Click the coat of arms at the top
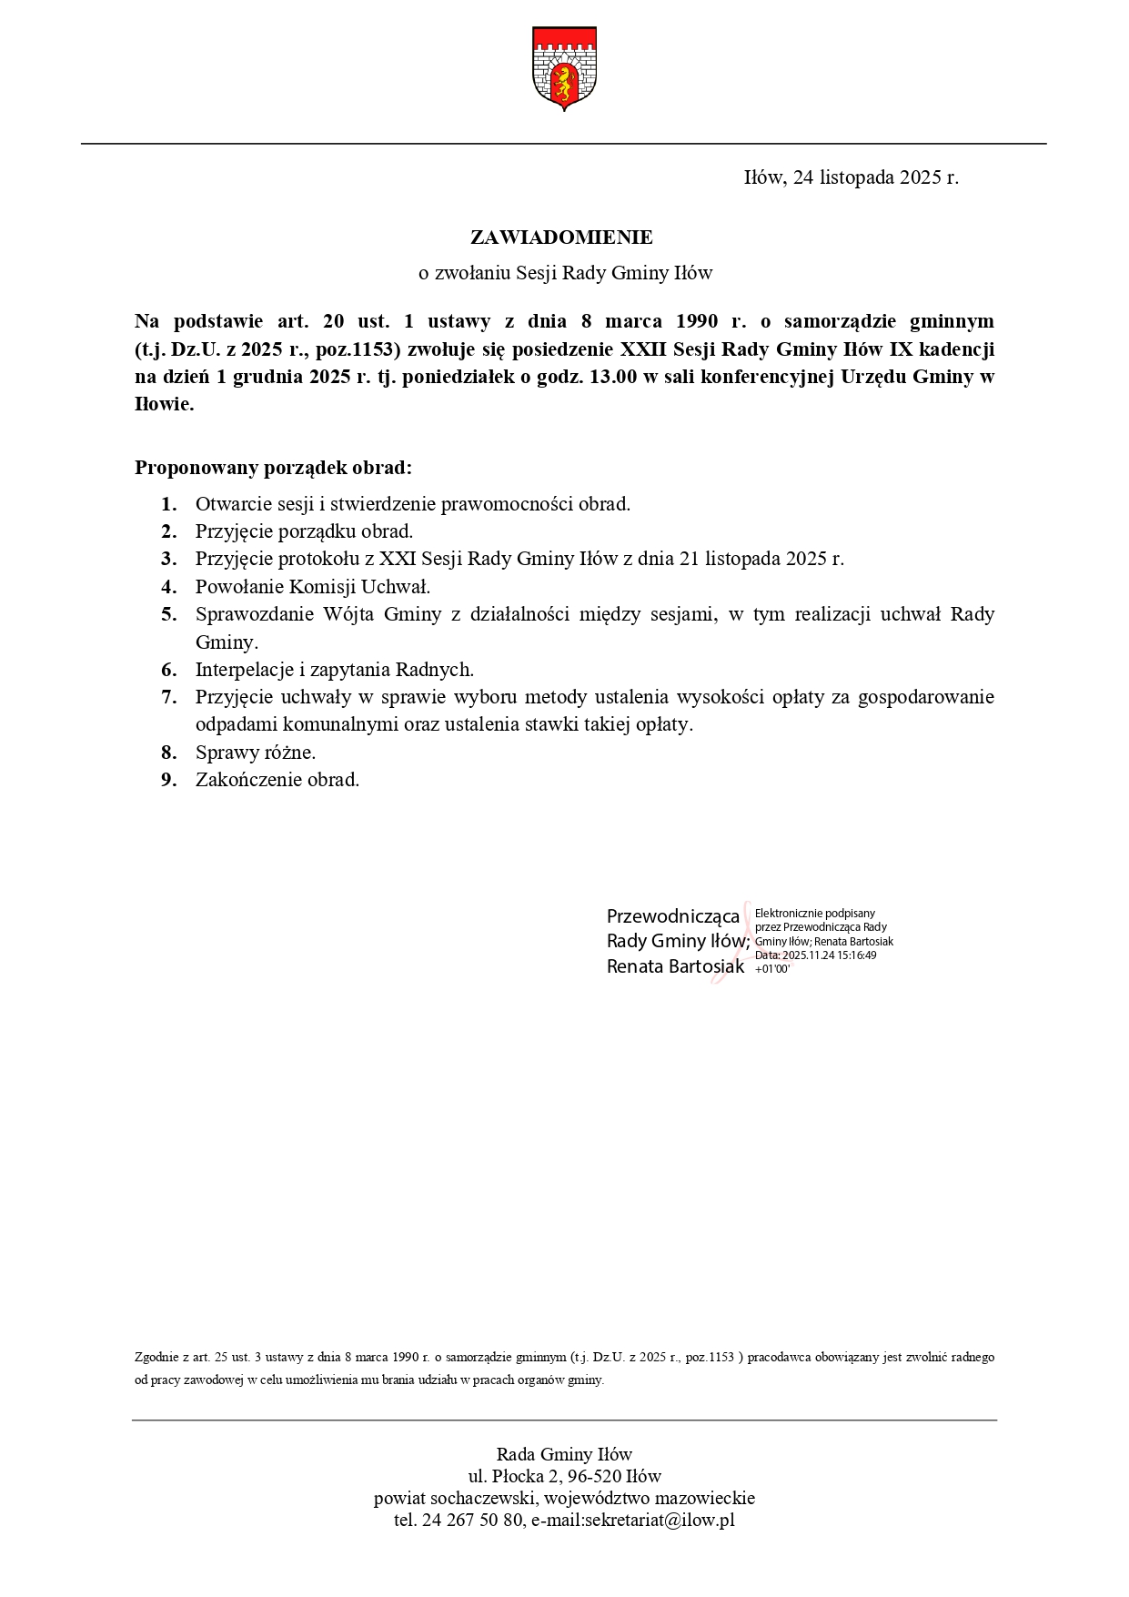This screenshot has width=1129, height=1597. [563, 67]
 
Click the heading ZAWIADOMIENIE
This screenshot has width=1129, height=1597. [561, 238]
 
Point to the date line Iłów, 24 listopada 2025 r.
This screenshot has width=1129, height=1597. [851, 177]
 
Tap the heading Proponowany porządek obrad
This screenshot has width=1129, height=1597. [273, 468]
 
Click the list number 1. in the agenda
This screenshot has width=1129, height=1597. [169, 504]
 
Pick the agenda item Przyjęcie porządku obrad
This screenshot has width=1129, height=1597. [304, 531]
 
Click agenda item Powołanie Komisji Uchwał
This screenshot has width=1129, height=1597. [313, 587]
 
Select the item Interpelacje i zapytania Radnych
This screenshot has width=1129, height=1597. [335, 670]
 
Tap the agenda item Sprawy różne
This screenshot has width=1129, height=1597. [256, 753]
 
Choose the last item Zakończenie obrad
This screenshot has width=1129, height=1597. [277, 780]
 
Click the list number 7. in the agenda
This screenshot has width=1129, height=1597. [169, 698]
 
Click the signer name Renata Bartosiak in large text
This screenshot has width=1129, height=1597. [675, 966]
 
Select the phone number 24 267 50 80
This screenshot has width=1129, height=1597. [472, 1520]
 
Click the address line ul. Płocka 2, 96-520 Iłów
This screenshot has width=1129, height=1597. [564, 1476]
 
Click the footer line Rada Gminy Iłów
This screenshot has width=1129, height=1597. [564, 1454]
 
